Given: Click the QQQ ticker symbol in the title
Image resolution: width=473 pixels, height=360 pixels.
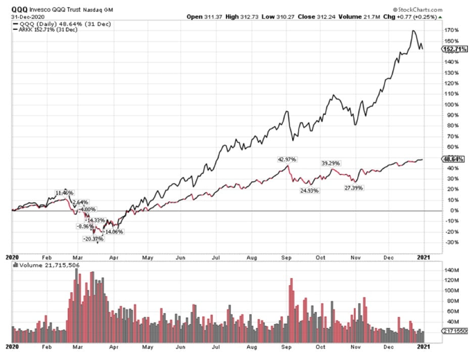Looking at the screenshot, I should point(18,10).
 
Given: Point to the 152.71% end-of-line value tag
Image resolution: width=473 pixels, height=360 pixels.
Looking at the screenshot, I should point(454,49).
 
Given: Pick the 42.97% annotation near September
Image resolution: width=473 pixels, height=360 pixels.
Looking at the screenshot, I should point(287,159).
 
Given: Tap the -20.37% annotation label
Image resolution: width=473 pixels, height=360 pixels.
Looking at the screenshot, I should point(93,239).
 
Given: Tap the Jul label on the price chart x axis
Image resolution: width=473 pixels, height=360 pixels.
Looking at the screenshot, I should point(216,257).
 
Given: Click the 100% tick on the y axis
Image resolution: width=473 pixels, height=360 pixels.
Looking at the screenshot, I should point(452,105).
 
